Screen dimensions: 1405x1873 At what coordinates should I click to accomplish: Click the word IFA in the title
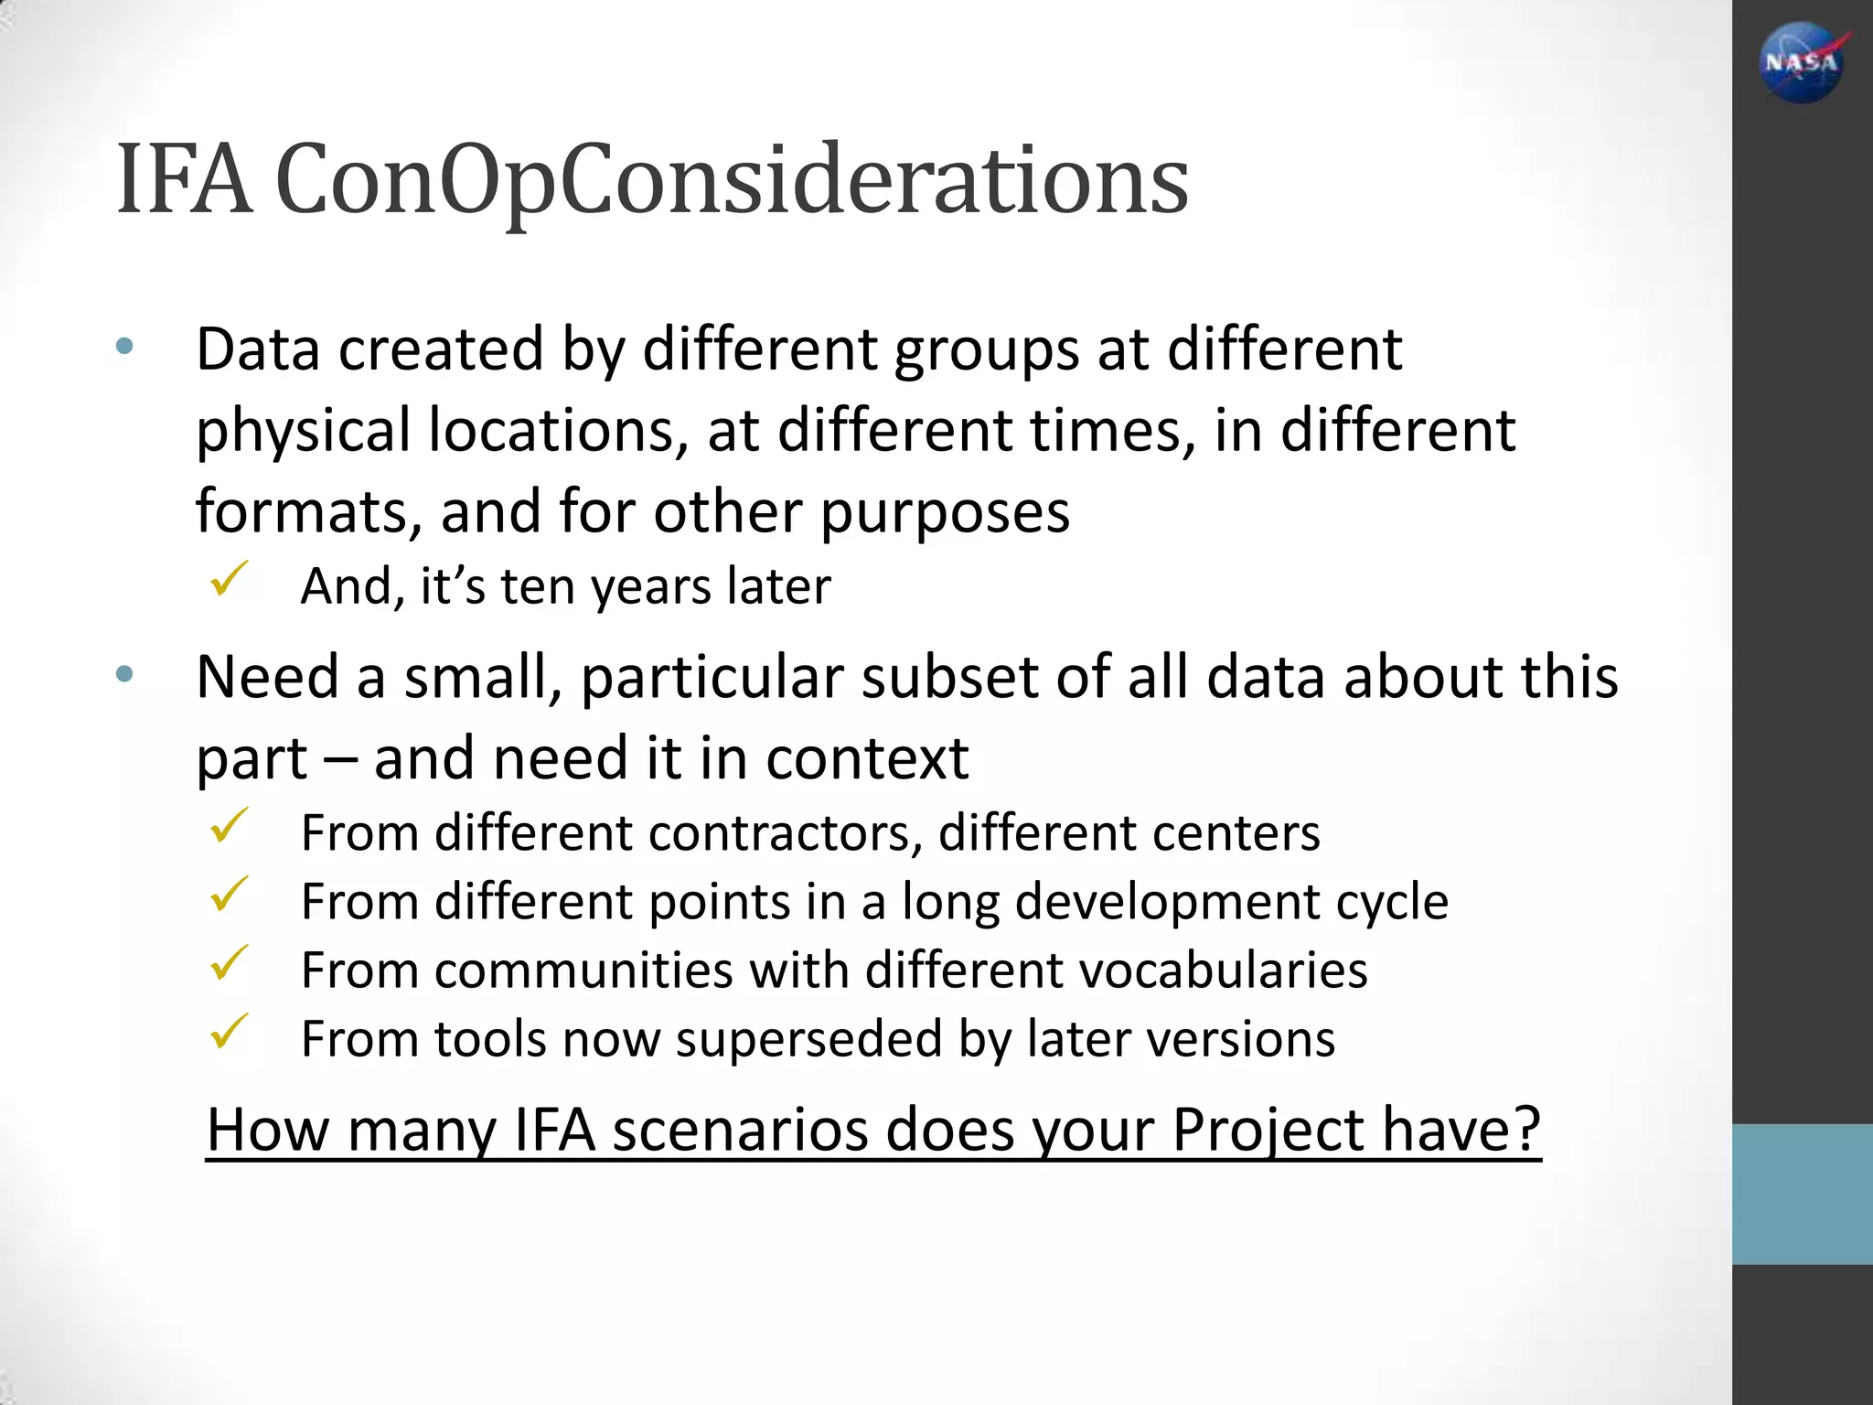click(184, 180)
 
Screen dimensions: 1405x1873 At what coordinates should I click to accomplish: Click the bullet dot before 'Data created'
click(125, 347)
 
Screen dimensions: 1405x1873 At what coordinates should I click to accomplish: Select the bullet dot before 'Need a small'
click(125, 675)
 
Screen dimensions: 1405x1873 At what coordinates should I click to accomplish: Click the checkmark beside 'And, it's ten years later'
click(229, 579)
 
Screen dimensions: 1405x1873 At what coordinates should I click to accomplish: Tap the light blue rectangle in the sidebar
click(1802, 1194)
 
